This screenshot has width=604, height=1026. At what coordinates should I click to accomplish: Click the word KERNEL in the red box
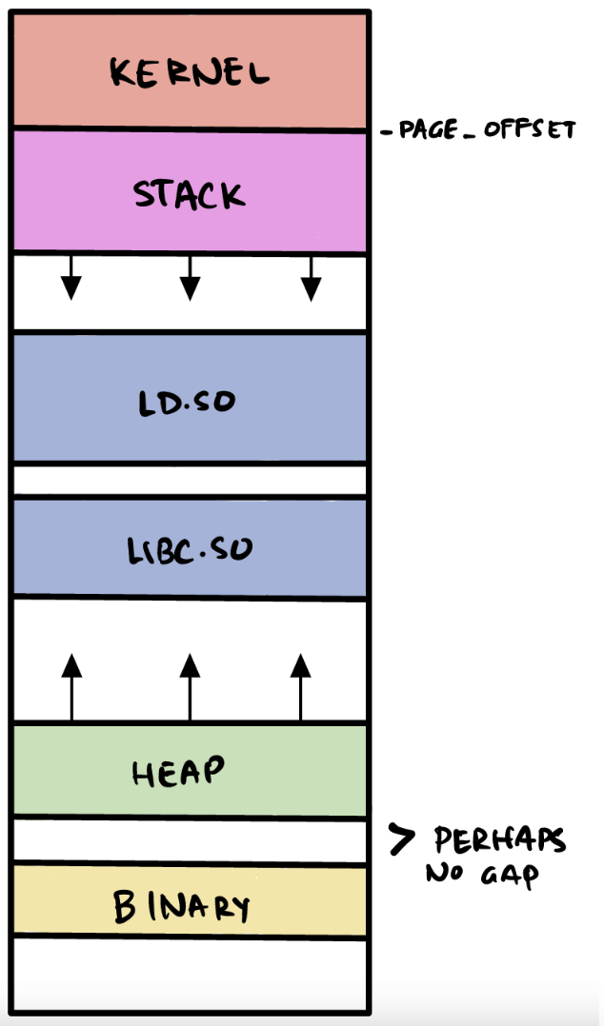click(x=190, y=72)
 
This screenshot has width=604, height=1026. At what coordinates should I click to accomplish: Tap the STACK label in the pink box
click(x=189, y=194)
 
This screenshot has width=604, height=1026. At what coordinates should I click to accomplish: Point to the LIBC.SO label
click(x=190, y=549)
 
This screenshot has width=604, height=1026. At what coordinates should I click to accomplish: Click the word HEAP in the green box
click(x=179, y=772)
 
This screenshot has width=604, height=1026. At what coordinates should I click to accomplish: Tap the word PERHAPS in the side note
click(x=499, y=840)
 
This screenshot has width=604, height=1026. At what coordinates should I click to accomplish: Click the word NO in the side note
click(x=445, y=873)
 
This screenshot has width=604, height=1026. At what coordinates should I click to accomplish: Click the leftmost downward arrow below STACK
click(x=70, y=278)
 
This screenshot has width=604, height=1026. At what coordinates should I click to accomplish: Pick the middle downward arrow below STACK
click(x=191, y=278)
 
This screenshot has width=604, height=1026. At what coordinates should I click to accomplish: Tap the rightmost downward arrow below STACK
click(x=311, y=278)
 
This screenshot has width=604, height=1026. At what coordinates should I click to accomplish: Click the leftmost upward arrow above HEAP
click(x=71, y=685)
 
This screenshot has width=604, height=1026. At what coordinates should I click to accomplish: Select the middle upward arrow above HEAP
click(x=191, y=685)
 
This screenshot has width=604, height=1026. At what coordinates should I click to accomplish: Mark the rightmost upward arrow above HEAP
click(x=301, y=685)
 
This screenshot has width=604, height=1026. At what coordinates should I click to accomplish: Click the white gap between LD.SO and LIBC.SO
click(x=190, y=481)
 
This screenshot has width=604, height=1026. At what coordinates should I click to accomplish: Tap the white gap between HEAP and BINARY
click(x=190, y=841)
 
